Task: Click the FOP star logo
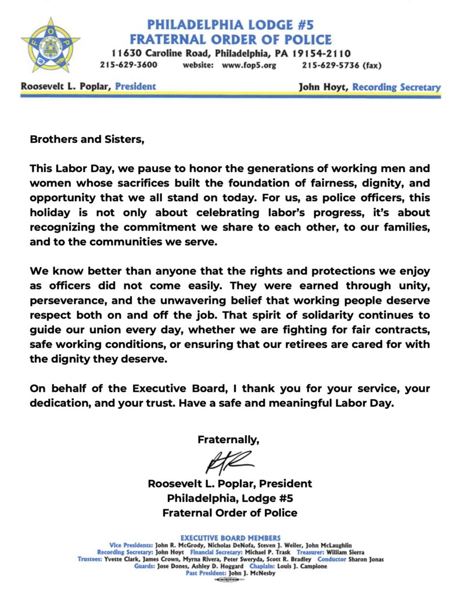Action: (51, 46)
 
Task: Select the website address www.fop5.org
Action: (249, 65)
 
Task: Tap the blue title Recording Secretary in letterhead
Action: (397, 88)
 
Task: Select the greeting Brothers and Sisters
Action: (86, 139)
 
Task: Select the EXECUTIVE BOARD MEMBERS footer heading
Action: (230, 538)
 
